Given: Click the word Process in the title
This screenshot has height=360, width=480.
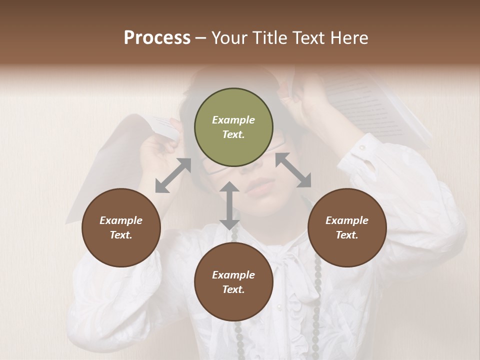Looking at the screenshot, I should pyautogui.click(x=157, y=38).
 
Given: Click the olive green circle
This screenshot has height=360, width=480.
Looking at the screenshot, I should pyautogui.click(x=233, y=127).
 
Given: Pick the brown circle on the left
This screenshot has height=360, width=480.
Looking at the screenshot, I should pyautogui.click(x=121, y=227).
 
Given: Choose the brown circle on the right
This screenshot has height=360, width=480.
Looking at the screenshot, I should pyautogui.click(x=347, y=227).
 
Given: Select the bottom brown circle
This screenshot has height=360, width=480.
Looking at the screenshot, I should pyautogui.click(x=233, y=282).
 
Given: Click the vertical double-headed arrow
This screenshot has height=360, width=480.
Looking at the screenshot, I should pyautogui.click(x=229, y=205).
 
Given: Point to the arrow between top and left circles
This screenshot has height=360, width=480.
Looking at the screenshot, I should pyautogui.click(x=173, y=175).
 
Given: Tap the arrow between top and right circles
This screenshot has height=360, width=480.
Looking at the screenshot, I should pyautogui.click(x=293, y=170).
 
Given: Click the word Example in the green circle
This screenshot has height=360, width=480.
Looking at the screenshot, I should pyautogui.click(x=233, y=120).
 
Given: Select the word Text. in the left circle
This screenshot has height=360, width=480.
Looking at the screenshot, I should pyautogui.click(x=121, y=235).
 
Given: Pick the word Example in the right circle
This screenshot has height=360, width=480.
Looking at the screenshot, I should pyautogui.click(x=347, y=220).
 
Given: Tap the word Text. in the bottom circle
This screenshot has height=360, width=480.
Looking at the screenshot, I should pyautogui.click(x=233, y=289).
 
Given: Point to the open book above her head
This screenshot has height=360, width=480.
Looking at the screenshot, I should pyautogui.click(x=380, y=105).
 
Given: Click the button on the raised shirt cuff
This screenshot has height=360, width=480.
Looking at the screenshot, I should pyautogui.click(x=362, y=148).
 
